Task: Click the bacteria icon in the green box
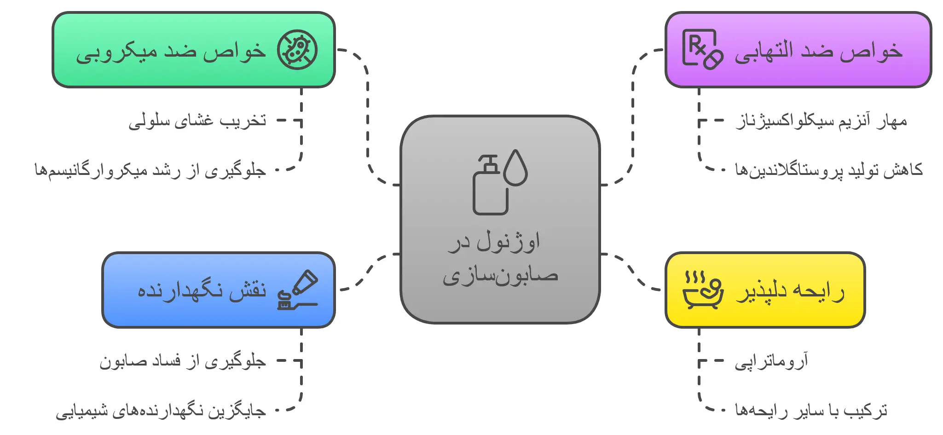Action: (x=297, y=50)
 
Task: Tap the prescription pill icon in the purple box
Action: (x=702, y=50)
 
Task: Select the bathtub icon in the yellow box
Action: (x=702, y=290)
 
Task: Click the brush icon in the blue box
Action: (x=297, y=290)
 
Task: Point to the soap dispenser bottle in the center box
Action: (x=489, y=186)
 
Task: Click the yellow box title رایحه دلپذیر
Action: (x=790, y=291)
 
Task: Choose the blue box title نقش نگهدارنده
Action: (x=202, y=291)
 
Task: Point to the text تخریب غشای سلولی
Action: (x=197, y=121)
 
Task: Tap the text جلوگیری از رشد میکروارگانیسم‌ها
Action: (x=150, y=170)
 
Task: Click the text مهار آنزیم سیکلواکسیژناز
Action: (x=821, y=121)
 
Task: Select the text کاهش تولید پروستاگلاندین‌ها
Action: (x=828, y=170)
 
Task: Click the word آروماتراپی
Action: (x=771, y=361)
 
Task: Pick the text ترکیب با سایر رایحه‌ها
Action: (x=811, y=410)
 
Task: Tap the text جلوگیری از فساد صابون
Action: (x=183, y=361)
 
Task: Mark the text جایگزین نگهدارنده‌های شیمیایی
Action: (x=161, y=411)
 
